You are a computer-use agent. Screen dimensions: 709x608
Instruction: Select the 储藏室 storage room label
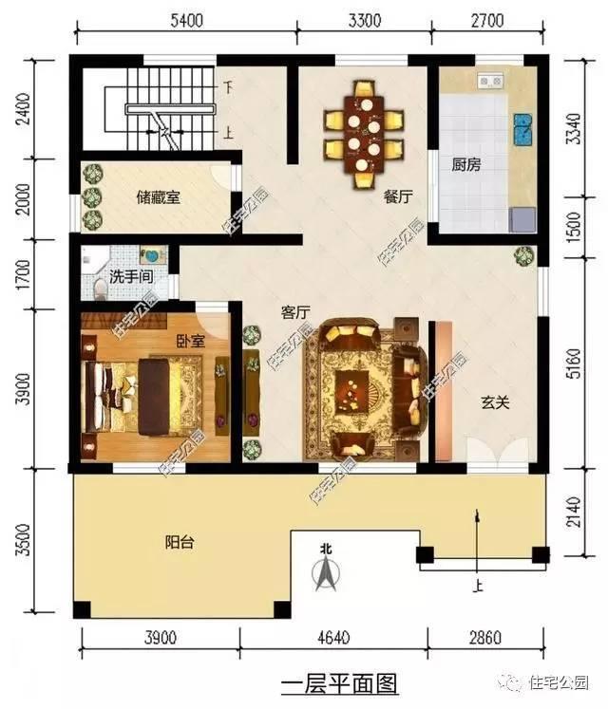158,197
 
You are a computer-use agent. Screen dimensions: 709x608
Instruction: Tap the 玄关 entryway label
494,402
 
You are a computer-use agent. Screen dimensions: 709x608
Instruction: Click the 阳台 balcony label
180,542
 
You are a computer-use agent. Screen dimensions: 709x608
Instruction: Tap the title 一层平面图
339,682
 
